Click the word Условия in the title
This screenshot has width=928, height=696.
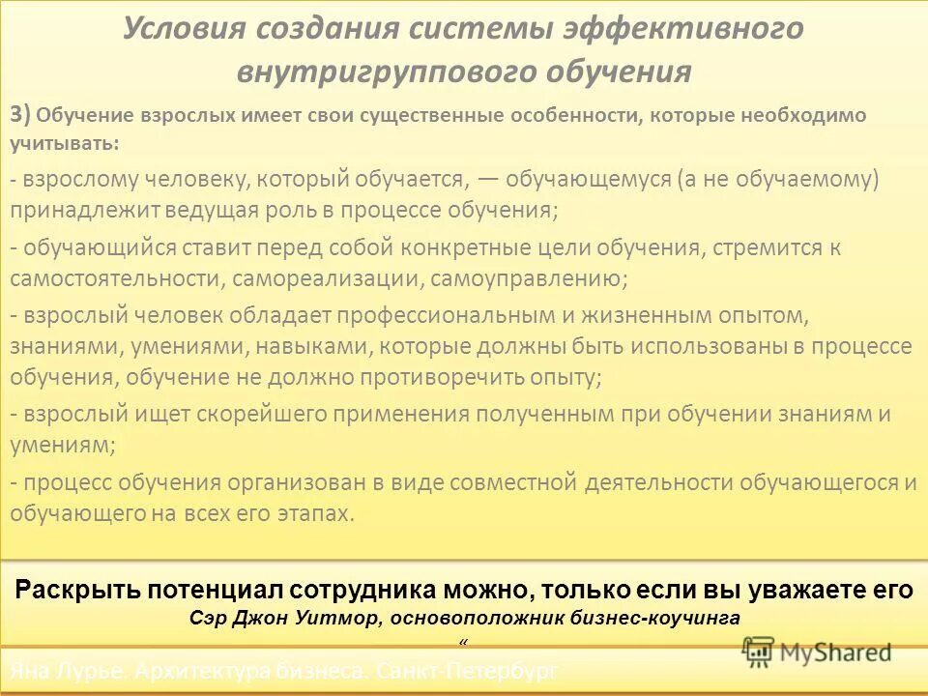click(183, 28)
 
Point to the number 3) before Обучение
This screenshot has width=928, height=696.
click(21, 114)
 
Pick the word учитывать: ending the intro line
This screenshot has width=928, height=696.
click(66, 143)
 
